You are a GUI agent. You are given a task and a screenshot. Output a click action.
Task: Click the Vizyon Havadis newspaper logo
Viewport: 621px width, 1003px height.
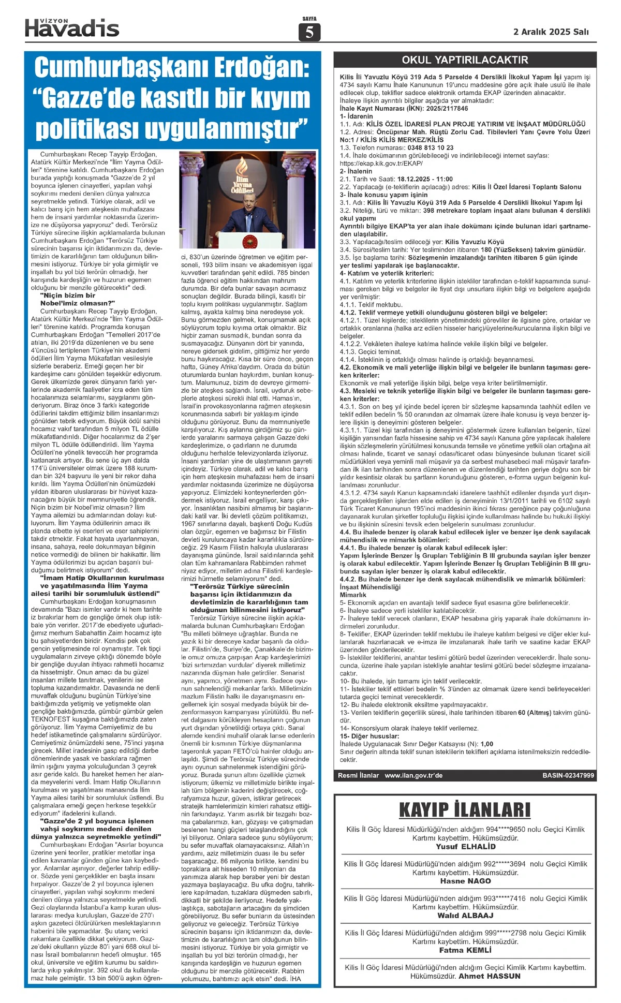(x=72, y=27)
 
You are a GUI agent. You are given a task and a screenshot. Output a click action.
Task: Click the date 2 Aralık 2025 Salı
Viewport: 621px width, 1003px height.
(x=551, y=32)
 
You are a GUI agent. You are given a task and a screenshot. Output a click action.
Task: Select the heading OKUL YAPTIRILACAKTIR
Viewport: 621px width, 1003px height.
(x=465, y=61)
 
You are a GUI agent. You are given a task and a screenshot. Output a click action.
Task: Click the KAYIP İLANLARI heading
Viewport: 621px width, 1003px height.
(x=465, y=809)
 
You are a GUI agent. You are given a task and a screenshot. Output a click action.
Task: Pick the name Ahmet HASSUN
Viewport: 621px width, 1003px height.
(x=490, y=976)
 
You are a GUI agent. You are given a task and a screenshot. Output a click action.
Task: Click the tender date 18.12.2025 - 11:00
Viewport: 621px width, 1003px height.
(x=420, y=179)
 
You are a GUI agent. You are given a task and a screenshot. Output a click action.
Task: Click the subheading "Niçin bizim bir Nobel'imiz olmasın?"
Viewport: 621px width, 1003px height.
(x=78, y=299)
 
